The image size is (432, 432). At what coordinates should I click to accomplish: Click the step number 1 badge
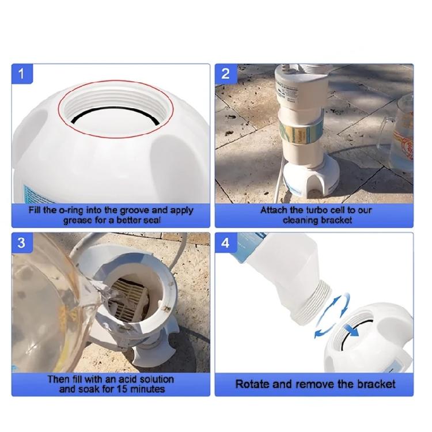click(x=22, y=73)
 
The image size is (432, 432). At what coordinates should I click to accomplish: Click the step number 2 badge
click(x=226, y=73)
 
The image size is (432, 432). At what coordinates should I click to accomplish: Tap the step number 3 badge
click(x=22, y=242)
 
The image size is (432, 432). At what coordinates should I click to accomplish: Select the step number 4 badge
click(x=226, y=242)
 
